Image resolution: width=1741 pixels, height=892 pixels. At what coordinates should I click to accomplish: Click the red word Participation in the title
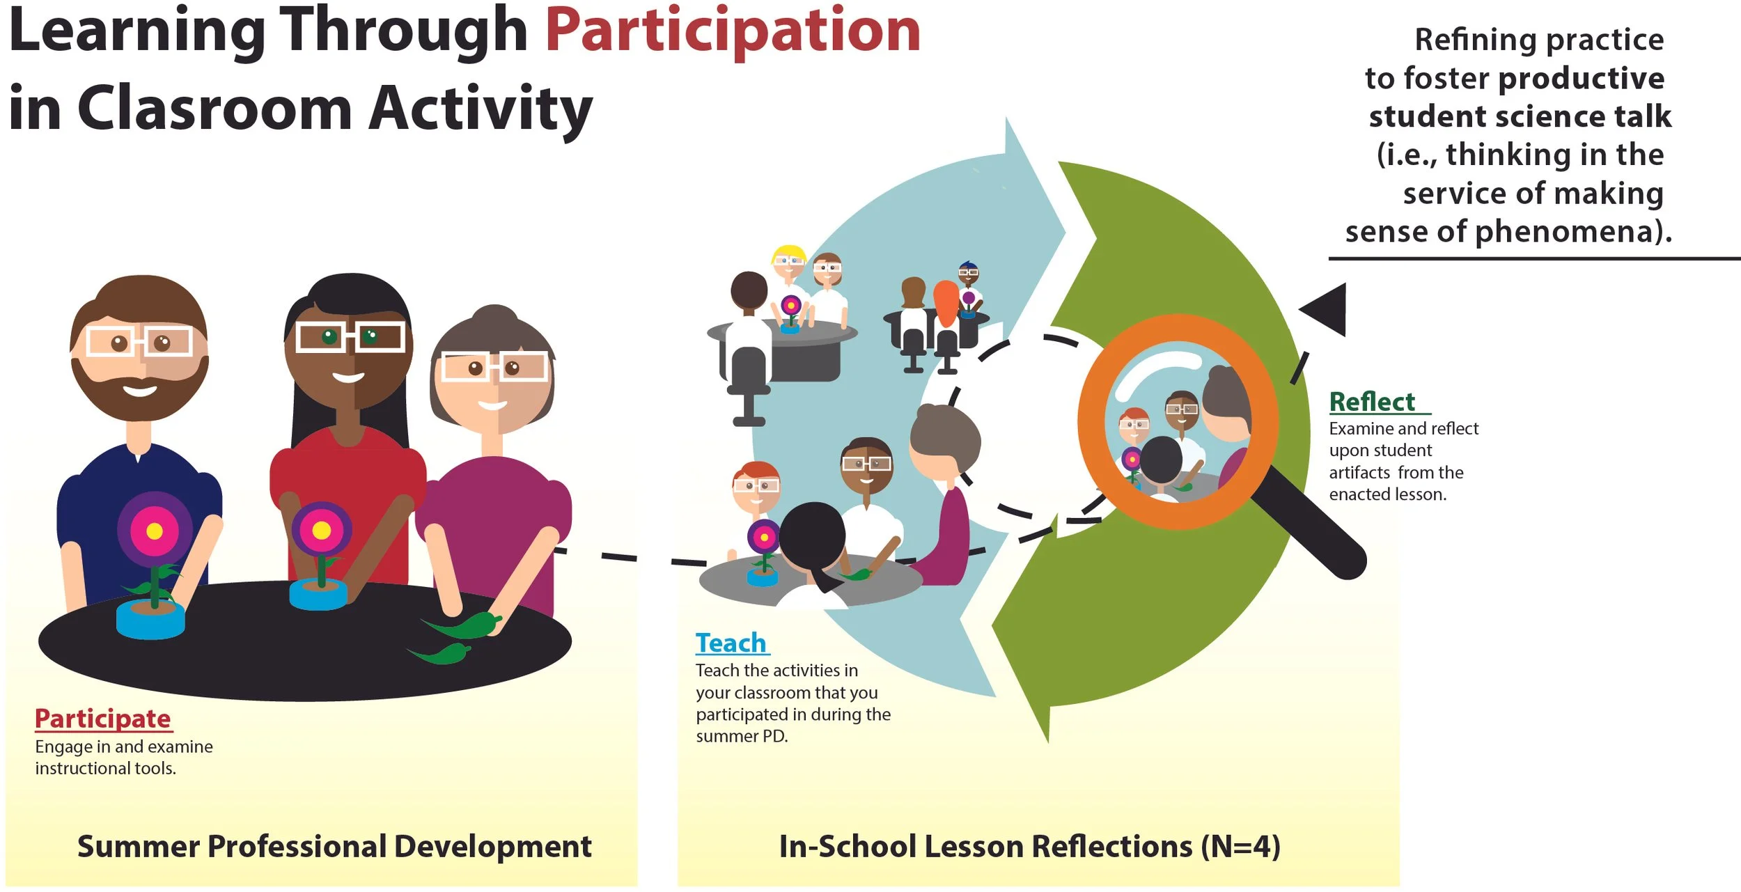click(x=733, y=31)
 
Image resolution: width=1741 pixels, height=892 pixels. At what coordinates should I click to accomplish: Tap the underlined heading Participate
click(x=103, y=719)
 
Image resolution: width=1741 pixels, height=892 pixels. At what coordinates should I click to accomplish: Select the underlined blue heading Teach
click(x=731, y=643)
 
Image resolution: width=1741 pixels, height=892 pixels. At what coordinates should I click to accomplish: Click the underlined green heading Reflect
click(x=1372, y=402)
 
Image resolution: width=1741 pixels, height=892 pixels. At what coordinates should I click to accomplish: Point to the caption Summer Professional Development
click(x=334, y=846)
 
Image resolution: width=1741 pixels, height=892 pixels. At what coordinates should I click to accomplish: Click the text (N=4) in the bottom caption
click(x=1240, y=846)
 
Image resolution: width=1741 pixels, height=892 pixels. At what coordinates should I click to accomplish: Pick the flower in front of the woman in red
click(x=321, y=531)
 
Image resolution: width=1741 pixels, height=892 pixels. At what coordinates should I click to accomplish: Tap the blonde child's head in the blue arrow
click(x=789, y=260)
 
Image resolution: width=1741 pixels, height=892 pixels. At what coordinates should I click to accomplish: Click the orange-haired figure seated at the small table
click(x=946, y=306)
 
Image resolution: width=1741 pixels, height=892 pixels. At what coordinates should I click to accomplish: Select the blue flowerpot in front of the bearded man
click(x=150, y=620)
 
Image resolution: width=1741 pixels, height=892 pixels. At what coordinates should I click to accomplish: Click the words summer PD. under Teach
click(x=742, y=736)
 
